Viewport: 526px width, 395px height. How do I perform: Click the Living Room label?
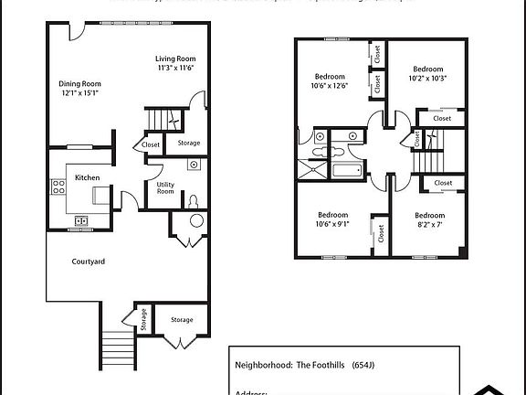coord(175,59)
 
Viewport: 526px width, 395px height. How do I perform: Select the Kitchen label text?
coord(87,177)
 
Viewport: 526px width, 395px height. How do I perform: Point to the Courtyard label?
coord(89,262)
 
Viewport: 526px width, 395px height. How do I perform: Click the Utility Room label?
coord(165,187)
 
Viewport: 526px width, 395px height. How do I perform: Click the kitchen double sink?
coord(80,219)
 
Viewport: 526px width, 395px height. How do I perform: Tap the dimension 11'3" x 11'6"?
coord(175,69)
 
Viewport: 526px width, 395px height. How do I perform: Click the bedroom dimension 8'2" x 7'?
coord(426,224)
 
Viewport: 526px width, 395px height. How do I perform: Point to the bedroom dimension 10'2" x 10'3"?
coord(427,79)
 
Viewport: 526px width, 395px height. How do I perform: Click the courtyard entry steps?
coord(115,347)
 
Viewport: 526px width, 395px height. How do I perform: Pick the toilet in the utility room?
coord(193,201)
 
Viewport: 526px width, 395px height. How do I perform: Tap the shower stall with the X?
coord(313,168)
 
